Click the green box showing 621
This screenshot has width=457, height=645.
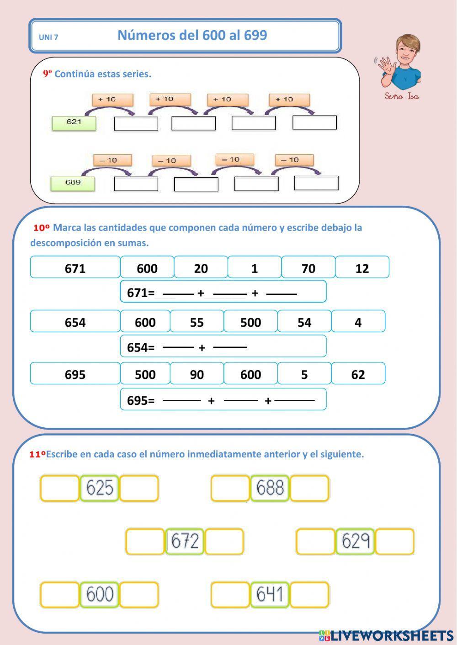74,123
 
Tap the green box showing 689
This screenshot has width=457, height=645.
73,184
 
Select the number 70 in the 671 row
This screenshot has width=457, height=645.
308,269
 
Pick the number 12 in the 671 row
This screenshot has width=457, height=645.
362,269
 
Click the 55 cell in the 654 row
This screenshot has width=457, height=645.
197,322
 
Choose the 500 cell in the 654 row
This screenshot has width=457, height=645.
250,322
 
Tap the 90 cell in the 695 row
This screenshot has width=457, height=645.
197,375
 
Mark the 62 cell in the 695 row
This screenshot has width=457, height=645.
358,375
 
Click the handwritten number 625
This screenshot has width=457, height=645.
100,488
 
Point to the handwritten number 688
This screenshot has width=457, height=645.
270,488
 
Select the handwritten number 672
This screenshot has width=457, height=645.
185,541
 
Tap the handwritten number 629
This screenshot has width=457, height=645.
356,541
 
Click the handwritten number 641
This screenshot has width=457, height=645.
270,594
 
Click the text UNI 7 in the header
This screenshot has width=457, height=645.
48,37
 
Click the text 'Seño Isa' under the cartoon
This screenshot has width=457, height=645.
402,96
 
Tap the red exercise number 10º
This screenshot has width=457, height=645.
42,228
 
